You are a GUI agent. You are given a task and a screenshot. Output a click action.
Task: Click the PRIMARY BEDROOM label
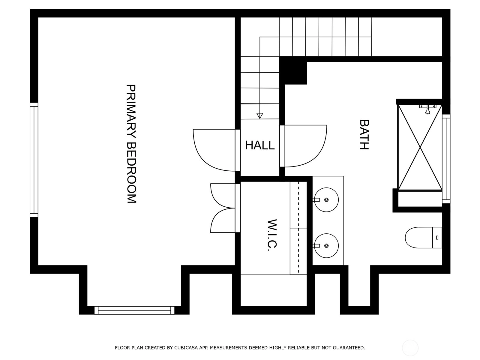(x=131, y=144)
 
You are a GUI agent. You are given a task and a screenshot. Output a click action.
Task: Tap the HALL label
(x=259, y=145)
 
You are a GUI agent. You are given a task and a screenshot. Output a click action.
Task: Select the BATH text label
(x=364, y=134)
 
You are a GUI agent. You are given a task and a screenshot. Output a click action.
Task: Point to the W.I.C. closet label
(x=272, y=235)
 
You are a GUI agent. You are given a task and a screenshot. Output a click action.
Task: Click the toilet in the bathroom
(x=423, y=238)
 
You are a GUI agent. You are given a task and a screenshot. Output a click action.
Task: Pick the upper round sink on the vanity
(x=326, y=199)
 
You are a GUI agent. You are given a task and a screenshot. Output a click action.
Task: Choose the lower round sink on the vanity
(x=326, y=246)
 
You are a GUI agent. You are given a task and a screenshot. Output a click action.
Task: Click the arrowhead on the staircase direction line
(x=259, y=116)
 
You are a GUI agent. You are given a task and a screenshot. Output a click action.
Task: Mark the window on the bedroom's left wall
(x=34, y=160)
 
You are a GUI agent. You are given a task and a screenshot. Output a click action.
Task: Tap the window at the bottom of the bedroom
(x=134, y=310)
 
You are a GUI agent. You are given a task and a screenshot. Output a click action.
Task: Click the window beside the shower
(x=446, y=159)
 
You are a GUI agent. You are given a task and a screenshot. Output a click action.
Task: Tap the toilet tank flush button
(x=437, y=238)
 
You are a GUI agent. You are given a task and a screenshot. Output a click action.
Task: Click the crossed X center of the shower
(x=420, y=148)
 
